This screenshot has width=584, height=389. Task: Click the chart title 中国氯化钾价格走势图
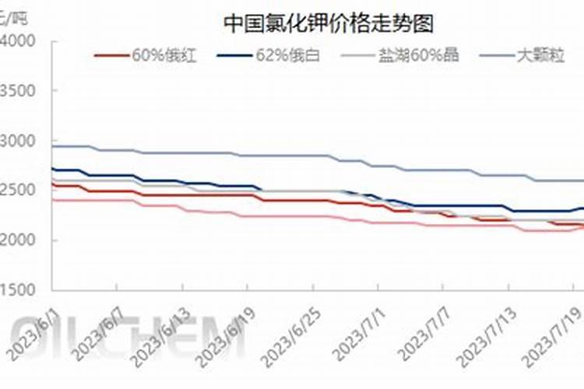tap(328, 23)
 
